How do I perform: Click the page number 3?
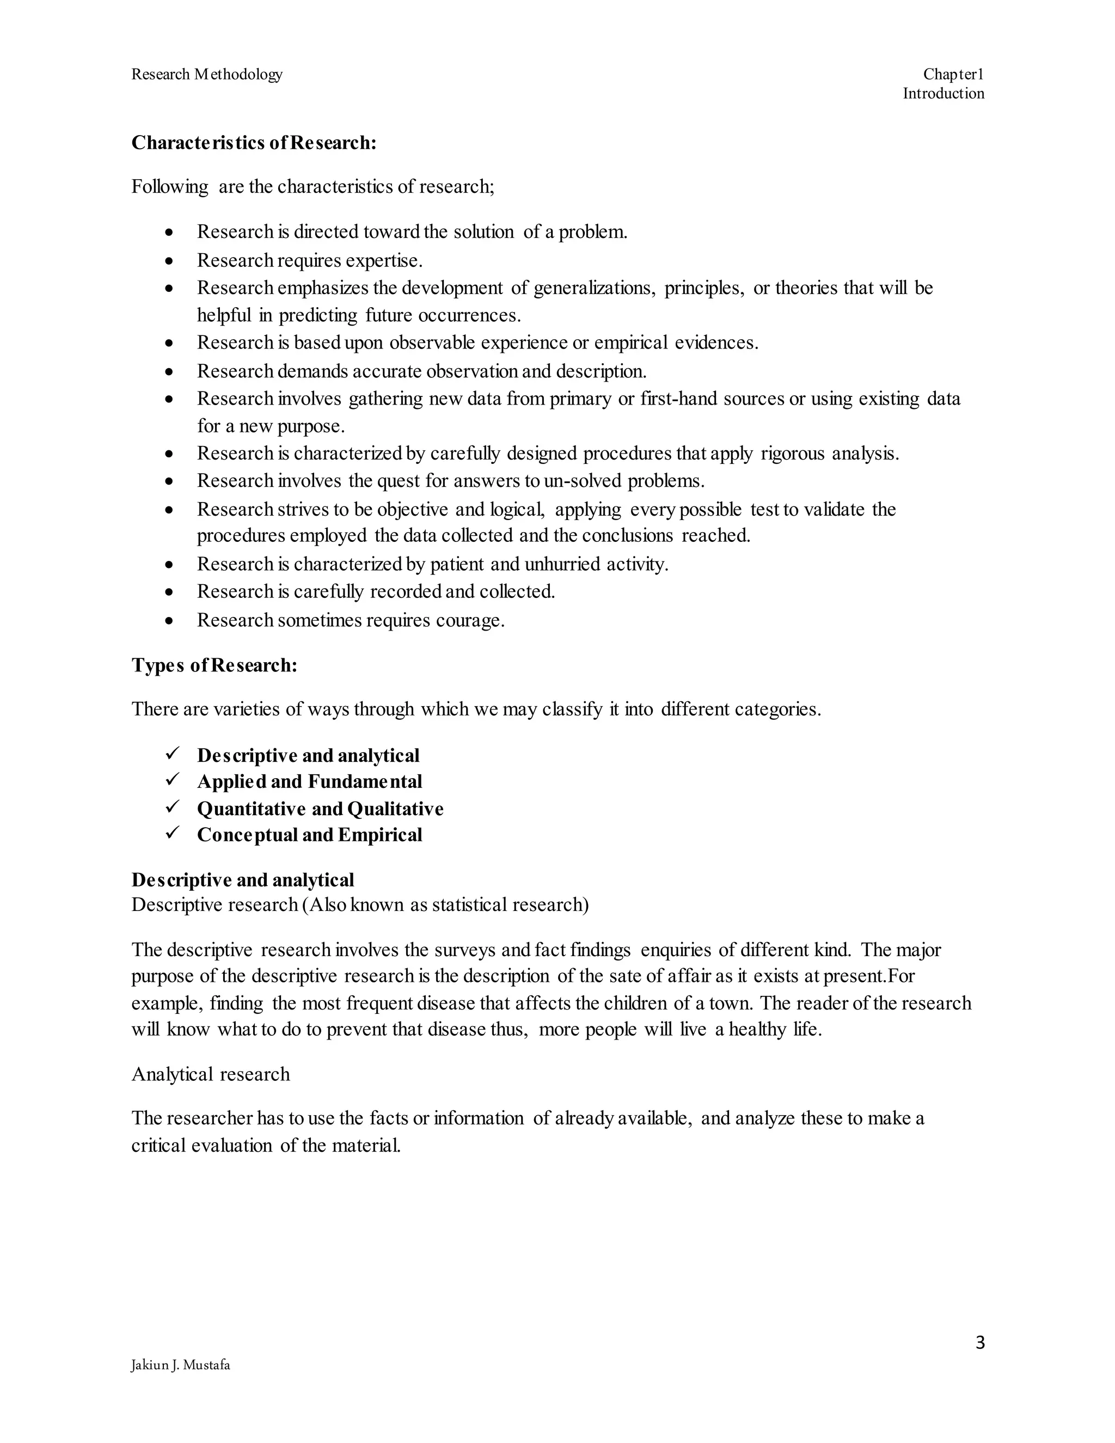click(979, 1343)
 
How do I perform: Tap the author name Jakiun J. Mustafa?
click(180, 1365)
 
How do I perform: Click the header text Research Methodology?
click(207, 74)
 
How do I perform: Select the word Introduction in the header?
click(944, 93)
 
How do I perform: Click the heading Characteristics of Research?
click(254, 143)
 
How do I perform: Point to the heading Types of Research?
click(214, 665)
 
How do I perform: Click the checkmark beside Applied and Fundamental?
click(173, 780)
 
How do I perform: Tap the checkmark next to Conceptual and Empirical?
click(173, 834)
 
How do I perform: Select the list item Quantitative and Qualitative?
click(320, 809)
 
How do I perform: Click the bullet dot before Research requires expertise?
click(170, 261)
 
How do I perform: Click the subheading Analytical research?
click(210, 1074)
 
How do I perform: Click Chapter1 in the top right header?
click(953, 74)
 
